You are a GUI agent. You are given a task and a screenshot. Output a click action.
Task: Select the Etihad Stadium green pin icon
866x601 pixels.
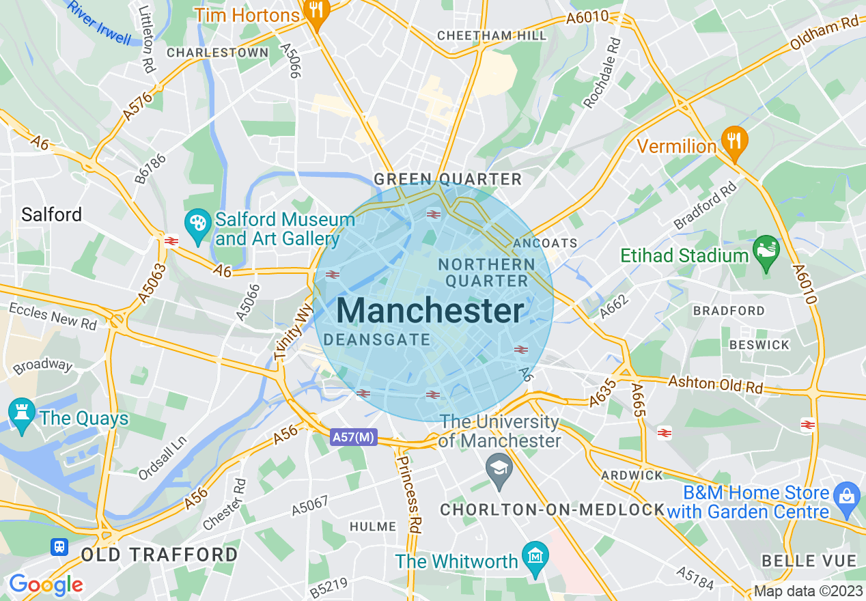pos(766,251)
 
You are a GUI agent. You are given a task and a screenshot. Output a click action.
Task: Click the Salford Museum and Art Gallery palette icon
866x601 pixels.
pos(197,225)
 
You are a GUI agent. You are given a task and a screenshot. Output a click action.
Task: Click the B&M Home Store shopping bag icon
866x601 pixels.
pos(847,495)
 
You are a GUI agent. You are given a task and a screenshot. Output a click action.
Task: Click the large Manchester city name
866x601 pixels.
pos(430,311)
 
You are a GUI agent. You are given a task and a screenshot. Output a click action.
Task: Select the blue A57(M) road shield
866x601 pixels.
pos(353,437)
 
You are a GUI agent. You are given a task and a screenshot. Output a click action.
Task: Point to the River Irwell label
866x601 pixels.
pos(100,23)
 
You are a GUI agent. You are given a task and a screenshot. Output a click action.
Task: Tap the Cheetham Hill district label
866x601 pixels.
pos(492,36)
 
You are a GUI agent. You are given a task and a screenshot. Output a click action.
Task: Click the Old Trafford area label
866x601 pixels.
pos(160,554)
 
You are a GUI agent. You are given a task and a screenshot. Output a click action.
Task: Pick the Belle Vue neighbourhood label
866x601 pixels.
pos(809,561)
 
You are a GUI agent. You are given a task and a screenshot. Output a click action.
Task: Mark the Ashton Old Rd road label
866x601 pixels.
pos(715,384)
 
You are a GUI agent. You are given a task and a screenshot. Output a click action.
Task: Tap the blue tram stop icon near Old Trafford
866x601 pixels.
pos(60,546)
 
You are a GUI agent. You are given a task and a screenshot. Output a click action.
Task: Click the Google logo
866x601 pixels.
pos(46,585)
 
